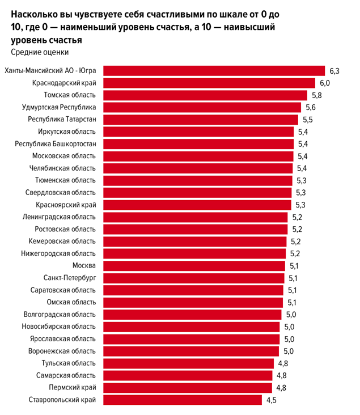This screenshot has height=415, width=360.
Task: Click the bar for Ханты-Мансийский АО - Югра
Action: pyautogui.click(x=213, y=71)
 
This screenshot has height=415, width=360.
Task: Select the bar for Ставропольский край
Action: pyautogui.click(x=182, y=400)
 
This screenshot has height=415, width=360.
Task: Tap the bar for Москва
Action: pyautogui.click(x=194, y=265)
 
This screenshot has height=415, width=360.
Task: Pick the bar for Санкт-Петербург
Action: pyautogui.click(x=193, y=278)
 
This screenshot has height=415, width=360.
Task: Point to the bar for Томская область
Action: pyautogui.click(x=205, y=95)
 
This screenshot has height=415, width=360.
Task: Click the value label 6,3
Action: pyautogui.click(x=334, y=71)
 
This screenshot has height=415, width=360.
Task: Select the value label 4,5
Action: pyautogui.click(x=272, y=400)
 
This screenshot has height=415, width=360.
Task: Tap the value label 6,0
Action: pyautogui.click(x=324, y=83)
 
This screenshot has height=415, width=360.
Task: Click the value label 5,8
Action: pyautogui.click(x=316, y=95)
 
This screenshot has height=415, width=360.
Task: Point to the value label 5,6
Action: pyautogui.click(x=310, y=108)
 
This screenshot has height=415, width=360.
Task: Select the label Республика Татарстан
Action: pyautogui.click(x=62, y=120)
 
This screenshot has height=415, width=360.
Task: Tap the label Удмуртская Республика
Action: pyautogui.click(x=59, y=108)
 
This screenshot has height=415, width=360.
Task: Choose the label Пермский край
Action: pyautogui.click(x=71, y=388)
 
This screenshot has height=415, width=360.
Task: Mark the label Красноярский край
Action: pyautogui.click(x=66, y=205)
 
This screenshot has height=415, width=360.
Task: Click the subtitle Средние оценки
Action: pyautogui.click(x=40, y=52)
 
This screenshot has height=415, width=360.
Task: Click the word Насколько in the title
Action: pyautogui.click(x=35, y=13)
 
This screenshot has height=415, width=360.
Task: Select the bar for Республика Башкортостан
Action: pyautogui.click(x=198, y=144)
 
